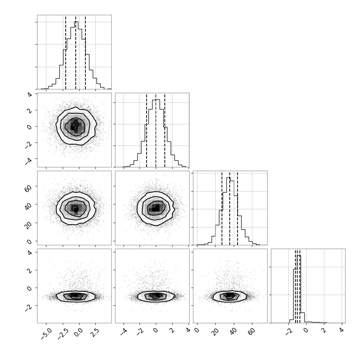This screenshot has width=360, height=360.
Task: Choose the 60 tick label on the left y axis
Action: (28, 188)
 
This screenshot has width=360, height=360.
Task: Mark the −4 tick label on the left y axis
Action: (29, 161)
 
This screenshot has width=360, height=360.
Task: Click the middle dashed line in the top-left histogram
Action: (76, 52)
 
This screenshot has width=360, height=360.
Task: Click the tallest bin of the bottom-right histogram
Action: (299, 289)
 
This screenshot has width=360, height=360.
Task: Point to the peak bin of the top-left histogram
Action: (76, 55)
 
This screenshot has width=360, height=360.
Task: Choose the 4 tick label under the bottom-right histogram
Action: (342, 330)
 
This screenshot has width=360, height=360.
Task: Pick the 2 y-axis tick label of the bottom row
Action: (29, 271)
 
